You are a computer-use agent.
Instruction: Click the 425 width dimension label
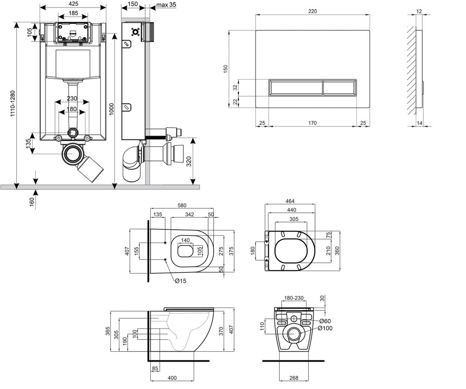[x=73, y=4]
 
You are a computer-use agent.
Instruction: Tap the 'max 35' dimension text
[x=166, y=5]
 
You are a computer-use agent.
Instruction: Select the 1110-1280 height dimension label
[x=12, y=103]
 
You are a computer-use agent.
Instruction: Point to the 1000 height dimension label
[x=111, y=109]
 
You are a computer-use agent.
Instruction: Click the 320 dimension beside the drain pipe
[x=189, y=161]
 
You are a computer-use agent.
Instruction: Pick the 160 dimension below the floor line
[x=32, y=202]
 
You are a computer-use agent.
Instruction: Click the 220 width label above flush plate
[x=313, y=11]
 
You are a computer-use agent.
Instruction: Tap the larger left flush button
[x=296, y=88]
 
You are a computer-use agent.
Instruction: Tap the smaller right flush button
[x=339, y=88]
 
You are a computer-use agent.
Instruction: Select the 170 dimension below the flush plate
[x=313, y=123]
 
